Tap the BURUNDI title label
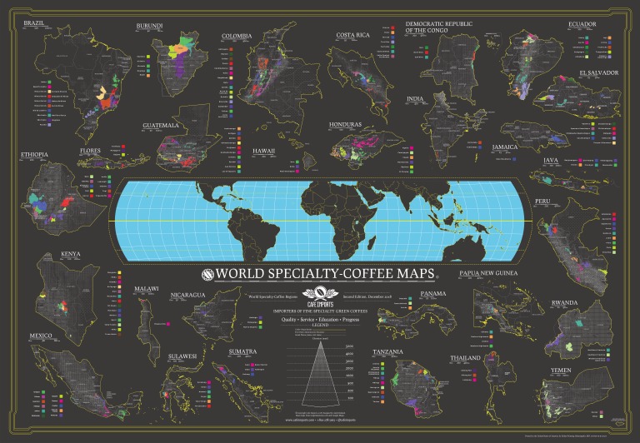(x=150, y=27)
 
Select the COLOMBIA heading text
(x=237, y=37)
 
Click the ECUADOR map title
(x=583, y=24)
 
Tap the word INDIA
(x=415, y=99)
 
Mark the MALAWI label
(x=146, y=291)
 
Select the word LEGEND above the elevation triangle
(x=320, y=324)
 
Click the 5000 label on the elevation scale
(x=349, y=345)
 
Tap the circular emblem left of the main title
(x=208, y=275)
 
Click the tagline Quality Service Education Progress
(x=320, y=318)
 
